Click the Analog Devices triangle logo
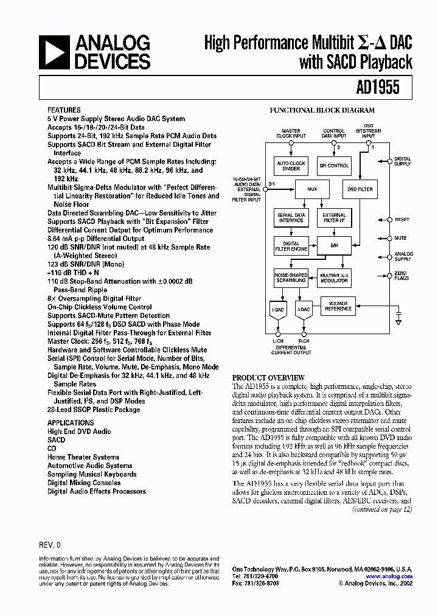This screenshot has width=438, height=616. point(54,52)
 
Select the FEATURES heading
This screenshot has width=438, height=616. point(63,110)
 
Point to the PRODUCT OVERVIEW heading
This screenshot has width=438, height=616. point(268,377)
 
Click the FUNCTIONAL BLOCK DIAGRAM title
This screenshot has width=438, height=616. point(322,111)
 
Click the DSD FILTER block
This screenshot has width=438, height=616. point(359,189)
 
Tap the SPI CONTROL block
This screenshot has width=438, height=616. point(334,166)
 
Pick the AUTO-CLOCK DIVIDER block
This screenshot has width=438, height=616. point(291,166)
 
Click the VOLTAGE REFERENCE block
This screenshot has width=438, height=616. point(338,306)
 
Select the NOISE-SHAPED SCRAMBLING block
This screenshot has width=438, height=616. point(291,278)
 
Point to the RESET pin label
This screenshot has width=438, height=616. point(401,220)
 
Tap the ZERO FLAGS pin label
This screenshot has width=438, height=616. point(401,276)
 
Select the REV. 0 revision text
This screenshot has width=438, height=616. point(49,545)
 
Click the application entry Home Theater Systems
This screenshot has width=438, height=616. point(83,457)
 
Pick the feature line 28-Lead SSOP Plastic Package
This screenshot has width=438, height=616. point(94,410)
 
